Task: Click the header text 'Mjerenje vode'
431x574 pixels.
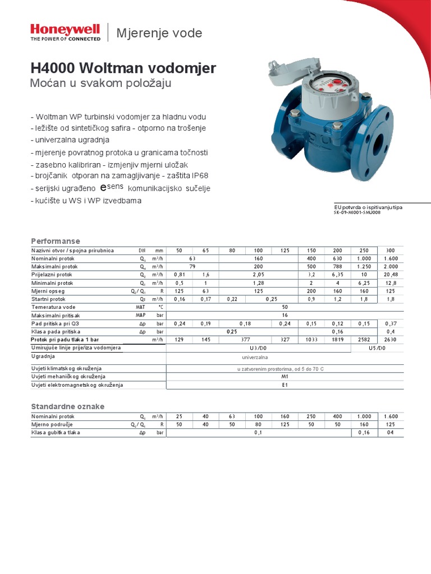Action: pyautogui.click(x=159, y=33)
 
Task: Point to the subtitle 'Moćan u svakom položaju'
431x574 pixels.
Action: pyautogui.click(x=100, y=84)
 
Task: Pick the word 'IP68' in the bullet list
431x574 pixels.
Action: pyautogui.click(x=199, y=175)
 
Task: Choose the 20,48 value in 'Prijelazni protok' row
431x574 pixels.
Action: pyautogui.click(x=390, y=275)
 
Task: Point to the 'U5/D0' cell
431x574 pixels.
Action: pyautogui.click(x=377, y=348)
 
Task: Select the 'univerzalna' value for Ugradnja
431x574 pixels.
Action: pyautogui.click(x=255, y=357)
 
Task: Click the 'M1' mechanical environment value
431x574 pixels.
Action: pyautogui.click(x=285, y=377)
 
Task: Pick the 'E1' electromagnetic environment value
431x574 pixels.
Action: pyautogui.click(x=285, y=385)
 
